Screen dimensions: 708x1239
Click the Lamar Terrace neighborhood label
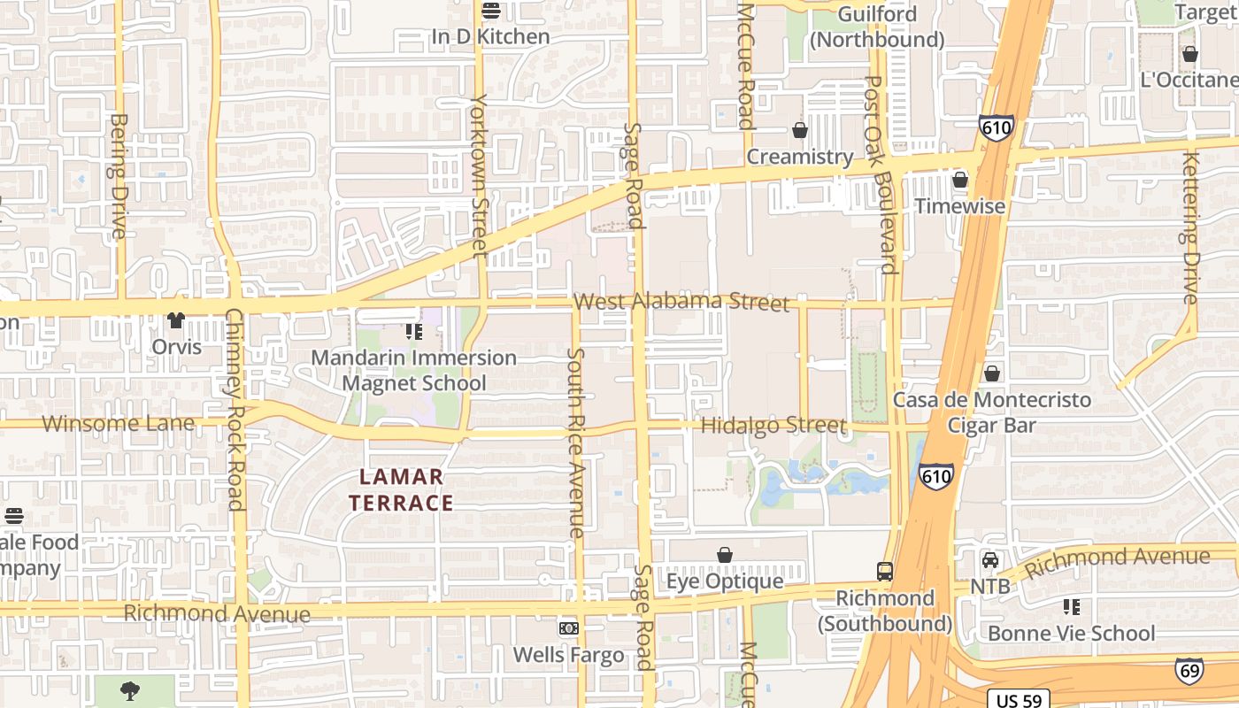(401, 490)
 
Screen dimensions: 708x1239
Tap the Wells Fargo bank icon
(568, 628)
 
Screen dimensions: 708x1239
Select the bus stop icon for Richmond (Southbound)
(885, 571)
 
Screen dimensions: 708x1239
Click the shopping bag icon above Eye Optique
(725, 555)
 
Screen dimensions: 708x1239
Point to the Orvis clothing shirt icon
(176, 320)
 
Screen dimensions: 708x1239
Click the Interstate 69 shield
(1189, 671)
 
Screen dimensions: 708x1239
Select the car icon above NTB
(990, 560)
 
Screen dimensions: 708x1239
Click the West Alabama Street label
(681, 302)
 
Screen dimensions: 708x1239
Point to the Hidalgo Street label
(773, 426)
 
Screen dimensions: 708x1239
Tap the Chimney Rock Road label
(235, 410)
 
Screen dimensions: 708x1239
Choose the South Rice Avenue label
(576, 442)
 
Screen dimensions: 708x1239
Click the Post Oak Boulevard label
(881, 174)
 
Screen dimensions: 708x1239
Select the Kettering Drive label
(1190, 227)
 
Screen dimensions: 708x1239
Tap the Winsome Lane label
(118, 423)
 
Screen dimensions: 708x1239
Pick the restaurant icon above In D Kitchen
(490, 11)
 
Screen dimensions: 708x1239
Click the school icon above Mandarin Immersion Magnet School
(413, 332)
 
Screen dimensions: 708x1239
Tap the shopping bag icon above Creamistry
(800, 130)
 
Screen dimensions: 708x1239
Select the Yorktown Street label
(480, 175)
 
